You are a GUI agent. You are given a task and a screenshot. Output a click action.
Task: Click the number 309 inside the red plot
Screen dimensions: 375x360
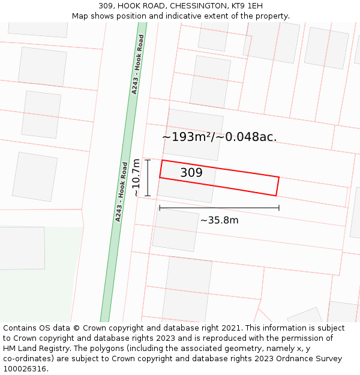click(x=191, y=173)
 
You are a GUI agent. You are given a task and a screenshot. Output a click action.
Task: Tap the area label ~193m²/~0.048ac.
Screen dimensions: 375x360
click(x=220, y=137)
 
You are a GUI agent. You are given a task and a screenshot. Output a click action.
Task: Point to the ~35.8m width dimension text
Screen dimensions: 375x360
click(x=219, y=220)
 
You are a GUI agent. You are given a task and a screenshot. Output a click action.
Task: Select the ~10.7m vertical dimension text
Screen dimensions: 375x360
click(x=136, y=178)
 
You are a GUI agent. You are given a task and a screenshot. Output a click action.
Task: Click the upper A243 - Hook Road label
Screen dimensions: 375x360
click(x=138, y=64)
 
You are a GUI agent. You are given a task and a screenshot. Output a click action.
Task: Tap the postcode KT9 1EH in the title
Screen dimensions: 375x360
click(x=247, y=6)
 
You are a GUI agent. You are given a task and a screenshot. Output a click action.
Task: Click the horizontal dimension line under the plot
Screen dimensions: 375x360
click(x=219, y=208)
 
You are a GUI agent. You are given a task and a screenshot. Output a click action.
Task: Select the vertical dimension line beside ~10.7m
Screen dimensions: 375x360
click(x=148, y=178)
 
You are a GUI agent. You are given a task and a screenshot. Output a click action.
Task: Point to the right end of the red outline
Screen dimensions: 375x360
click(x=278, y=186)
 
